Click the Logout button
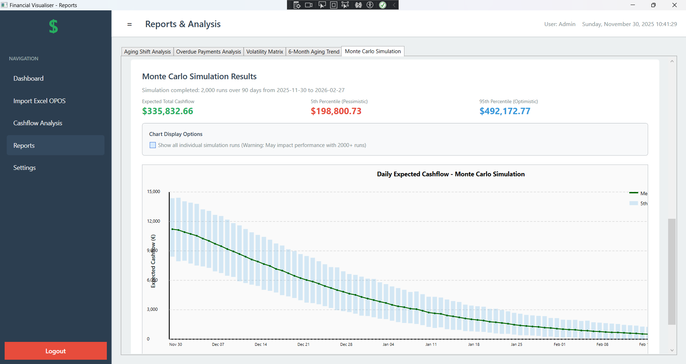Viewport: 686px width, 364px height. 55,351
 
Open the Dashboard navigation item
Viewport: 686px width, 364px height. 29,79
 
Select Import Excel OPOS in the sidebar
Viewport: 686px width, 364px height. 39,101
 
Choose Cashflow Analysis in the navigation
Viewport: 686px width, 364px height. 38,123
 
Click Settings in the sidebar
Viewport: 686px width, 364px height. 24,168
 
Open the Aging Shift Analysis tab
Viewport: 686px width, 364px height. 147,52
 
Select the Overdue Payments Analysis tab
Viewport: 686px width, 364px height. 208,52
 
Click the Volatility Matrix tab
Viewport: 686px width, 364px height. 264,52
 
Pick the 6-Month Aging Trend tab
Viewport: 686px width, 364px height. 314,52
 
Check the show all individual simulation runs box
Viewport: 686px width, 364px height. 153,145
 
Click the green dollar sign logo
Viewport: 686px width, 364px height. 53,26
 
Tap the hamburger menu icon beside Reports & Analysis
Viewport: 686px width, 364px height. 129,24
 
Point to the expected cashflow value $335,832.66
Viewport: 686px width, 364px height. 168,111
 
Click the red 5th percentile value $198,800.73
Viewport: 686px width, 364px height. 336,111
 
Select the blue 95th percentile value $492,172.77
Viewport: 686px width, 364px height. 504,111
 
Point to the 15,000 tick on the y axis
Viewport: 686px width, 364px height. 154,192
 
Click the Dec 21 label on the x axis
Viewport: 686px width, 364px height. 303,344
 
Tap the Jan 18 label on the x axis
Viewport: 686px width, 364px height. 474,344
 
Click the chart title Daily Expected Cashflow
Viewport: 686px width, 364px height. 451,174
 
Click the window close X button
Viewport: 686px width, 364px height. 674,5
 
